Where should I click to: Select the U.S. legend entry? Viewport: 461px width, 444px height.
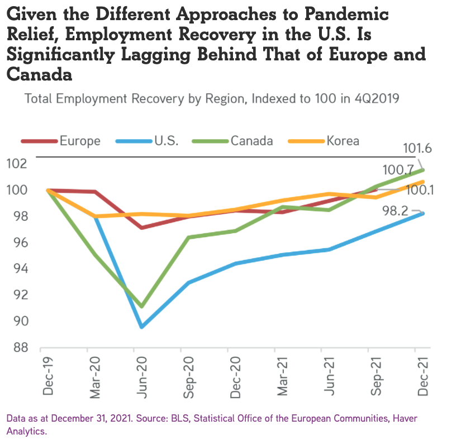pos(166,140)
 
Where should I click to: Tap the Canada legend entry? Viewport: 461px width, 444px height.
pos(251,140)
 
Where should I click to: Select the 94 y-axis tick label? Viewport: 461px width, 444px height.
pos(19,269)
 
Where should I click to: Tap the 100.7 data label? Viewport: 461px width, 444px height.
pos(398,170)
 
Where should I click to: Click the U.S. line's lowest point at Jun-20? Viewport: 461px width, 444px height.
pos(142,327)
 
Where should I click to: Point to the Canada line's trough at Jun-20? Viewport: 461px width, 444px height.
pos(142,306)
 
